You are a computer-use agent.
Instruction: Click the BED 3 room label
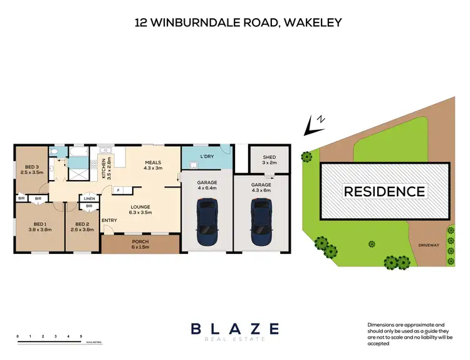(29, 167)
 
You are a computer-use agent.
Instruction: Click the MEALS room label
(153, 162)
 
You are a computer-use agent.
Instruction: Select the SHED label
(269, 157)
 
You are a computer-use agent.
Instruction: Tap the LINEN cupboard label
(89, 198)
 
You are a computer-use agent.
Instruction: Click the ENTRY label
(109, 220)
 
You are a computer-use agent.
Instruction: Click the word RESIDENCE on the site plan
(384, 191)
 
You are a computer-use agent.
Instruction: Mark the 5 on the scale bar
(81, 337)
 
